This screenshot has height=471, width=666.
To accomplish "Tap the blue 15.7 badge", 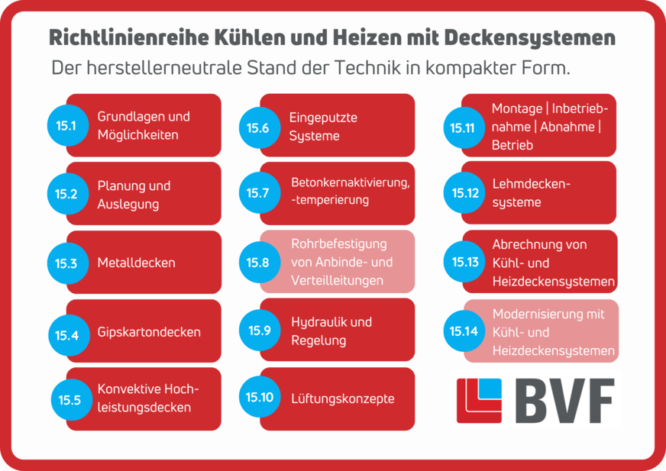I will click(x=258, y=193).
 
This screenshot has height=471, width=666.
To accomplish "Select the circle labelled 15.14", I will click(x=464, y=331).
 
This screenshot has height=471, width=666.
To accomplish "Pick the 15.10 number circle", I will click(x=259, y=398).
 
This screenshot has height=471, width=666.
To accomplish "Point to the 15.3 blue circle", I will click(x=66, y=263).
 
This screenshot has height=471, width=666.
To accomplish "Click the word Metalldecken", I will click(x=136, y=263).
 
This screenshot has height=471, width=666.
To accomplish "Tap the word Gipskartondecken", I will click(x=149, y=332).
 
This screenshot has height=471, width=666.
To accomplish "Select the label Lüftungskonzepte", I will click(x=342, y=398).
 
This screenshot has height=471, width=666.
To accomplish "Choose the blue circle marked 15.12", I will click(x=465, y=193).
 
